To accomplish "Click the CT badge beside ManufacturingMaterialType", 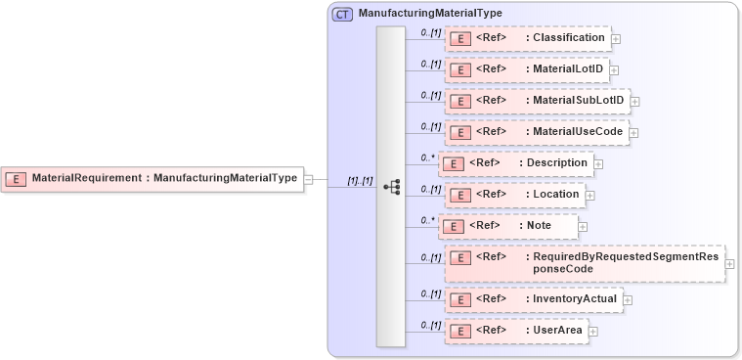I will pos(342,14).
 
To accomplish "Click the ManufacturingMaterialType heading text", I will pos(430,14).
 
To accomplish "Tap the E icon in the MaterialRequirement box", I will pos(17,179).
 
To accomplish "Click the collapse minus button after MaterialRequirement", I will pos(308,179).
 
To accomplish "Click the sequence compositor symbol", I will pos(391,186).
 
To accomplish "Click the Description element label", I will pos(557,162).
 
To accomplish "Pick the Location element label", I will pos(556,195).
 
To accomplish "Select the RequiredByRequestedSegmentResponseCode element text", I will pos(625,261).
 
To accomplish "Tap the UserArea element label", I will pos(557,331).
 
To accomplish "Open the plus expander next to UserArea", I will pos(593,332).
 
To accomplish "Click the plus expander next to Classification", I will pos(616,40).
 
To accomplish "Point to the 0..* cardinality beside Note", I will pos(427,220).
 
